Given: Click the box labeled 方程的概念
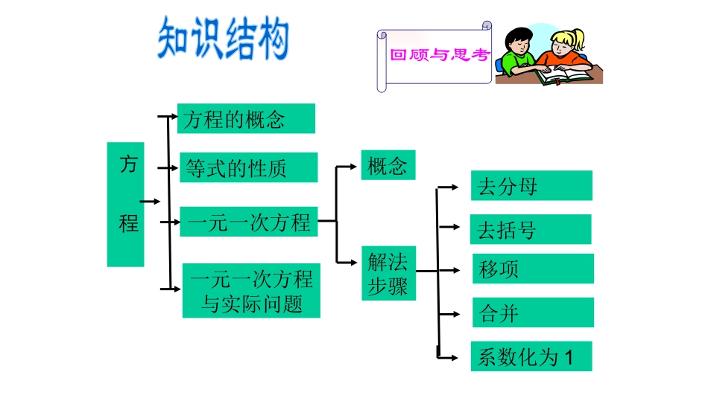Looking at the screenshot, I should (246, 118).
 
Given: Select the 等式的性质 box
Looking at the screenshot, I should (249, 167).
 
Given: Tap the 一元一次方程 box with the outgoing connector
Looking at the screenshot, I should (249, 222).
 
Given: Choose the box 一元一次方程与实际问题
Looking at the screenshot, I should (251, 291).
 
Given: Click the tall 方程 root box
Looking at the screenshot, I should (125, 204).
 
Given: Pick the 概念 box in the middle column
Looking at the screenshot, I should (388, 165).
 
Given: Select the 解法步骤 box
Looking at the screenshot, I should (388, 273).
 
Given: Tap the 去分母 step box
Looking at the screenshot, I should (531, 186).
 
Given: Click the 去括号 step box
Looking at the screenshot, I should (530, 230).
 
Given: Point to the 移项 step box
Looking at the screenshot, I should (533, 269).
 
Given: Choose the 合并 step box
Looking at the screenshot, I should (533, 312).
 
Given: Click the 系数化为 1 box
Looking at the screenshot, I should (531, 356).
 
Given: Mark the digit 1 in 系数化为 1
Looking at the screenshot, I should (570, 357).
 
